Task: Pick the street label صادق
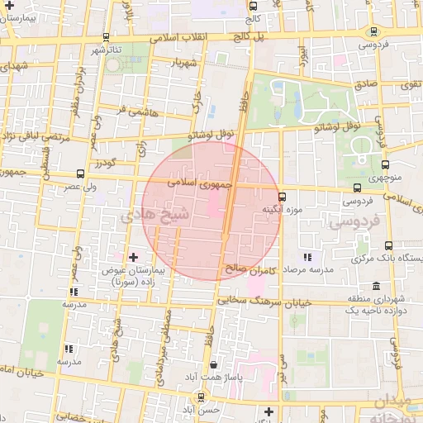[x=366, y=83]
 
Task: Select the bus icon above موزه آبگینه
[x=283, y=197]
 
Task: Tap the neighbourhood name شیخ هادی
[x=155, y=215]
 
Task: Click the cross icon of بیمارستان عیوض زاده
[x=133, y=258]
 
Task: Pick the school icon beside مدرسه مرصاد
[x=307, y=258]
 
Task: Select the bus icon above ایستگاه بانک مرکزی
[x=388, y=245]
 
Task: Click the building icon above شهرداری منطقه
[x=377, y=284]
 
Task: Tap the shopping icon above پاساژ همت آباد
[x=214, y=364]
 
